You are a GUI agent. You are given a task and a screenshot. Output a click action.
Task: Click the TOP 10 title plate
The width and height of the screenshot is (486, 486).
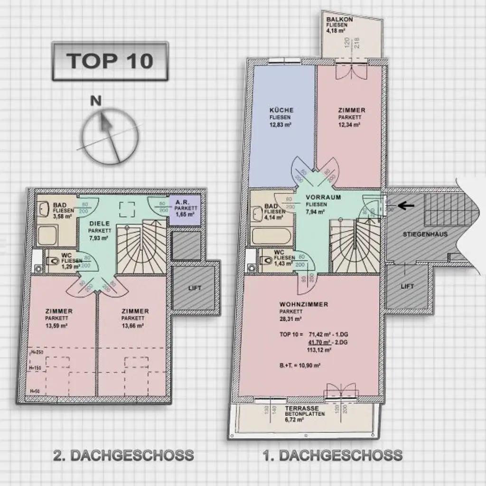click(110, 61)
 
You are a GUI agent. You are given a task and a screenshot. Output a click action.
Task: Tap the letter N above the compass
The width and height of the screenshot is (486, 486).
click(96, 100)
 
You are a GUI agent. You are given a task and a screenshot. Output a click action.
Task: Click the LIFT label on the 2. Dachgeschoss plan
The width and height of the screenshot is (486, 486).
click(195, 288)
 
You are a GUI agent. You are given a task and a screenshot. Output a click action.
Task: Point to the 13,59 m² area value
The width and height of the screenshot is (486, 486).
click(56, 326)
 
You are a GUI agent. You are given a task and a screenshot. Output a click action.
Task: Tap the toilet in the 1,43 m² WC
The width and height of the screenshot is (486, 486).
click(266, 261)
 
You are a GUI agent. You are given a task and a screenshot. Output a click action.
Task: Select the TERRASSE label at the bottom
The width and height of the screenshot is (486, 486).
click(301, 408)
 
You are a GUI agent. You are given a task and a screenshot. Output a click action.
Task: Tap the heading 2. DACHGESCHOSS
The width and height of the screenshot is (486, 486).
click(123, 456)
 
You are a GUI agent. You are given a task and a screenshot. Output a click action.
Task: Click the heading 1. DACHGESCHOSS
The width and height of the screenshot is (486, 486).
click(333, 456)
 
